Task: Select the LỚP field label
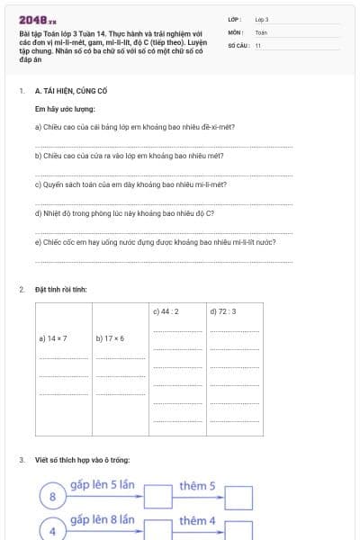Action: (235, 19)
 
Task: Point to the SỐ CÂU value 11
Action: (258, 44)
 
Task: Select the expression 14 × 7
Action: (53, 339)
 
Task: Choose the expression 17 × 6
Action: (110, 339)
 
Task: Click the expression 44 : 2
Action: (166, 311)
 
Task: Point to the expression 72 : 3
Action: (222, 311)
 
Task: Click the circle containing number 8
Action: (52, 496)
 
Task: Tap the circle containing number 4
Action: (52, 531)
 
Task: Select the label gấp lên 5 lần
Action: (102, 485)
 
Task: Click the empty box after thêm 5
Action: (238, 497)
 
